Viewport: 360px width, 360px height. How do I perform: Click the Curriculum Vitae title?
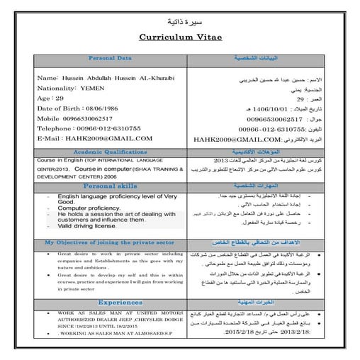[180, 37]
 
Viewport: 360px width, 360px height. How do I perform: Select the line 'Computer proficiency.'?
[92, 208]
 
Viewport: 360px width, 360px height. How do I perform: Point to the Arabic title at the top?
[180, 20]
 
